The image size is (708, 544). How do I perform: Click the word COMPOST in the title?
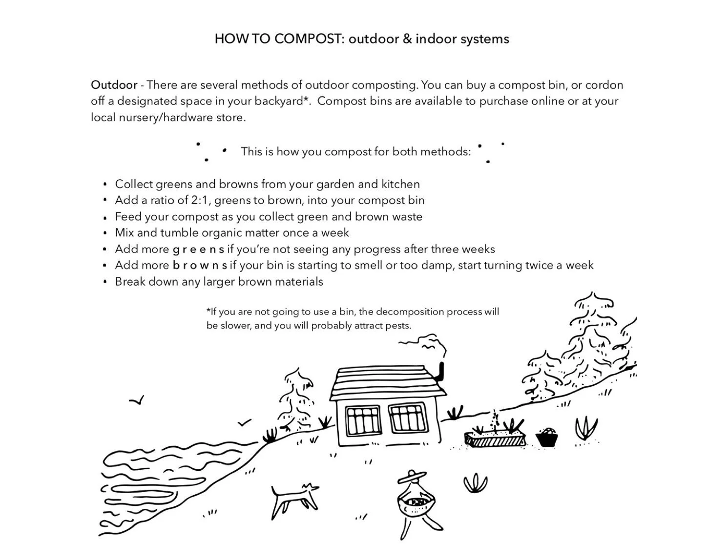coord(310,39)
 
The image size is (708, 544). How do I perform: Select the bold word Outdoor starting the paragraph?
coord(114,85)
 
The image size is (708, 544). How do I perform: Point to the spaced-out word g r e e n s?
coord(198,250)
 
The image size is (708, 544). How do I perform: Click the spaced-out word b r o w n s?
coord(200,266)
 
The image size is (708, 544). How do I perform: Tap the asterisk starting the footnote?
coord(208,311)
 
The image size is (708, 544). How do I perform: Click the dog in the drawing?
coord(293,499)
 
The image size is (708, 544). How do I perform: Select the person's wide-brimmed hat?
coord(412,477)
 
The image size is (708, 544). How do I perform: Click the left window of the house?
coord(363,419)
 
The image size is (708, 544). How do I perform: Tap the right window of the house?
coord(408,418)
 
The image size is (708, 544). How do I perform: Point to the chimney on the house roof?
coord(441,372)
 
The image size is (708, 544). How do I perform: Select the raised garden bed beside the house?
coord(495,438)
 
